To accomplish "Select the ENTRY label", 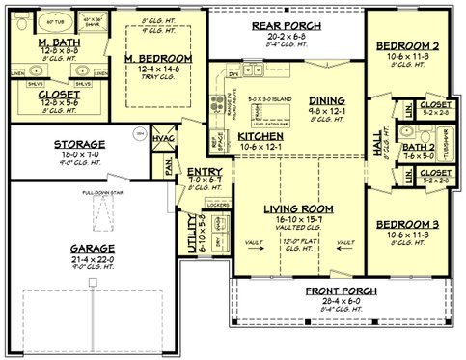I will (205, 171).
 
